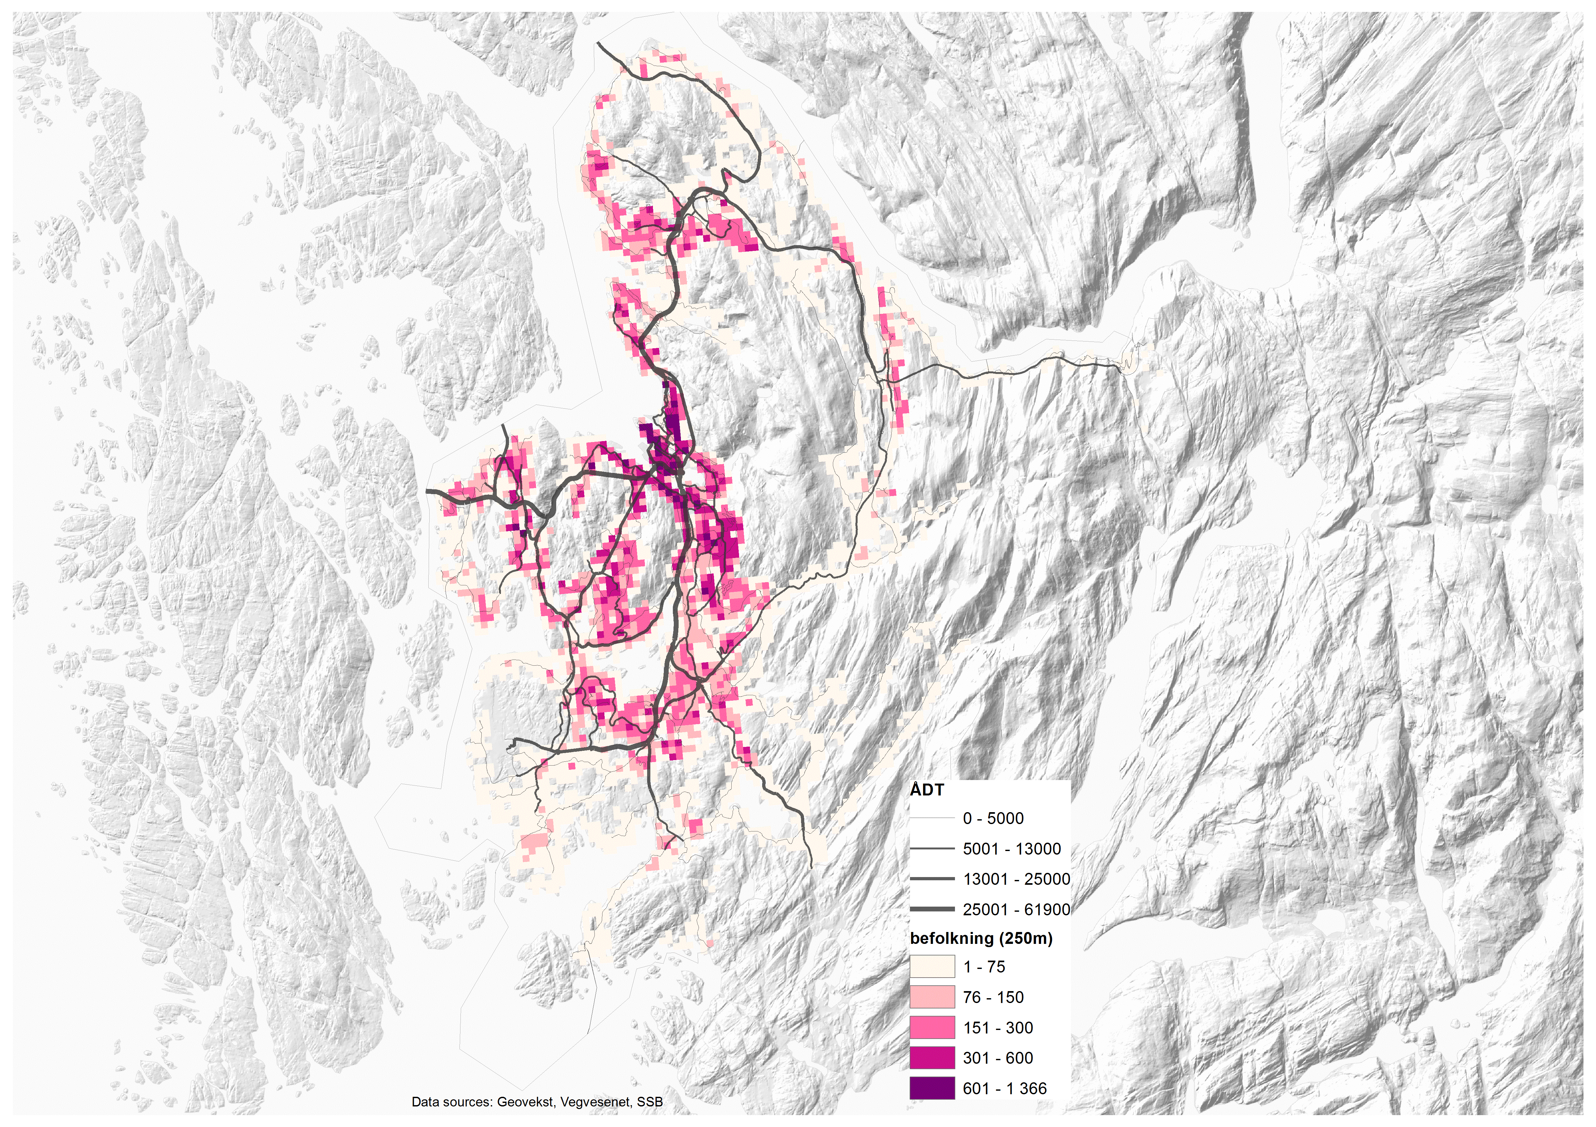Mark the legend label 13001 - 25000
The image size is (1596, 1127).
pos(1016,879)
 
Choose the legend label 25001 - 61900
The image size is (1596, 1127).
pos(1016,910)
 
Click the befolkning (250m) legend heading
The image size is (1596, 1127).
pos(981,939)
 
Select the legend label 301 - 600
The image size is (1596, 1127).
pos(997,1058)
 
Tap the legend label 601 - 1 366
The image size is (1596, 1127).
pos(1004,1089)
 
